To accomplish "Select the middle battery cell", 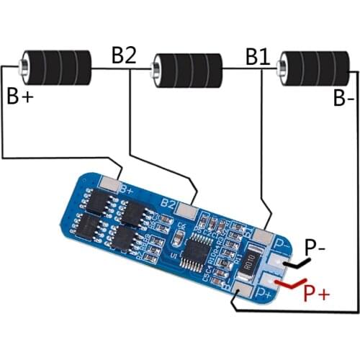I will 188,70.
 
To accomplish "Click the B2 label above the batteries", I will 123,55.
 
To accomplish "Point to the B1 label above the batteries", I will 258,55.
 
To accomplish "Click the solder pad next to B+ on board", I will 109,184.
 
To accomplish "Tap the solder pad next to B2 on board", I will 187,211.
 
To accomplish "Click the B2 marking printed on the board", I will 170,204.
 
